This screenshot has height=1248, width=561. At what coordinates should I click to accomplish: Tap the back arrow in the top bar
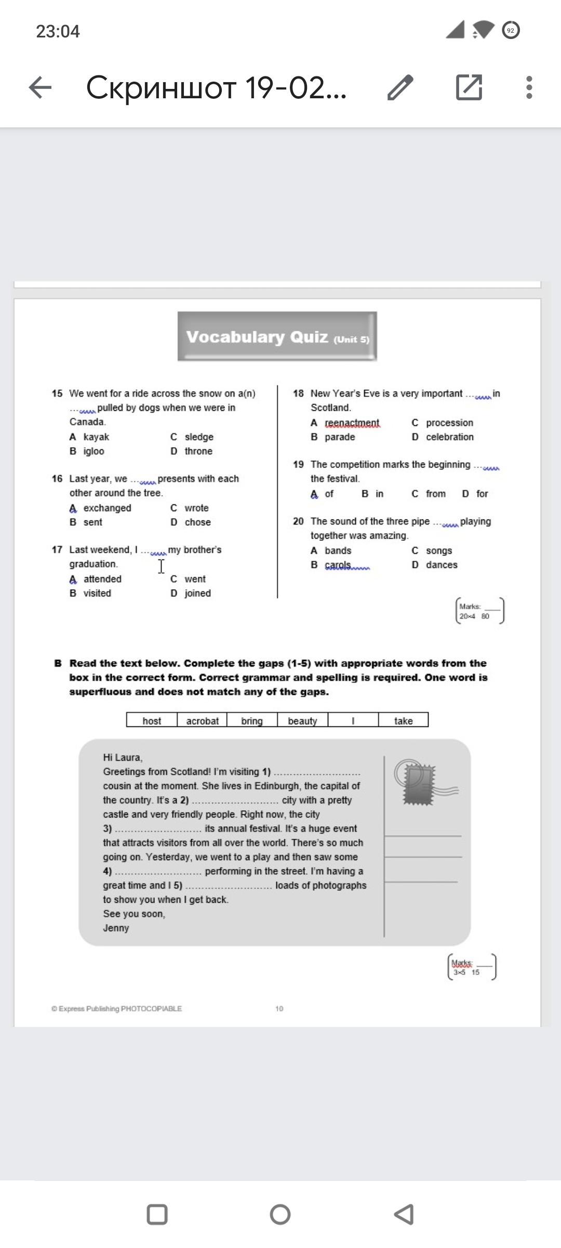point(40,87)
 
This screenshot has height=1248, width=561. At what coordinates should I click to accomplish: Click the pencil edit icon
point(400,87)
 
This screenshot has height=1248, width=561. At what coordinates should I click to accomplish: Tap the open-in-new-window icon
point(469,87)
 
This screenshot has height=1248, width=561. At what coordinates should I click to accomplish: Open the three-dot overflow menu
point(529,87)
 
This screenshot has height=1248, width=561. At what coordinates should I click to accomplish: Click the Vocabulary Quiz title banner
point(277,336)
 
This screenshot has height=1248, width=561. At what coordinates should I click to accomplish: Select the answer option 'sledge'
point(199,437)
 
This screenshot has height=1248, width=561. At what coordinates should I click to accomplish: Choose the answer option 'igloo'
point(94,451)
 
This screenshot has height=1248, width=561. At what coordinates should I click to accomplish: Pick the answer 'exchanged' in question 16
point(107,508)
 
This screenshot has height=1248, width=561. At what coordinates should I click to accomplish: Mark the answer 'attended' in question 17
point(102,579)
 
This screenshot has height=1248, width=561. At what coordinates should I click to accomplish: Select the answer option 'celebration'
point(449,437)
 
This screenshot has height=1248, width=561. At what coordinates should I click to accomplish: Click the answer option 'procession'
point(449,423)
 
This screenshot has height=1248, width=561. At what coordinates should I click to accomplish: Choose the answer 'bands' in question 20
point(338,550)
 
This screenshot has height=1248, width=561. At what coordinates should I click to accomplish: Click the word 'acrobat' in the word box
point(202,721)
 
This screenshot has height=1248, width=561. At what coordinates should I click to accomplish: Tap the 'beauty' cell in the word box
point(302,721)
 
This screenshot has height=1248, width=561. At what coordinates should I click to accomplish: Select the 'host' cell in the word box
point(152,721)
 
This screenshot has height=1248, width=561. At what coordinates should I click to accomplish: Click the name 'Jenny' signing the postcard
point(116,928)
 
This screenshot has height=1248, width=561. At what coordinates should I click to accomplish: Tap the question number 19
point(298,464)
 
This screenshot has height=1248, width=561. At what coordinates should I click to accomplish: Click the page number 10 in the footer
point(279,1008)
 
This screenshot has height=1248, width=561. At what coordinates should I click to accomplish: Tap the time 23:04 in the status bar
point(58,31)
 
